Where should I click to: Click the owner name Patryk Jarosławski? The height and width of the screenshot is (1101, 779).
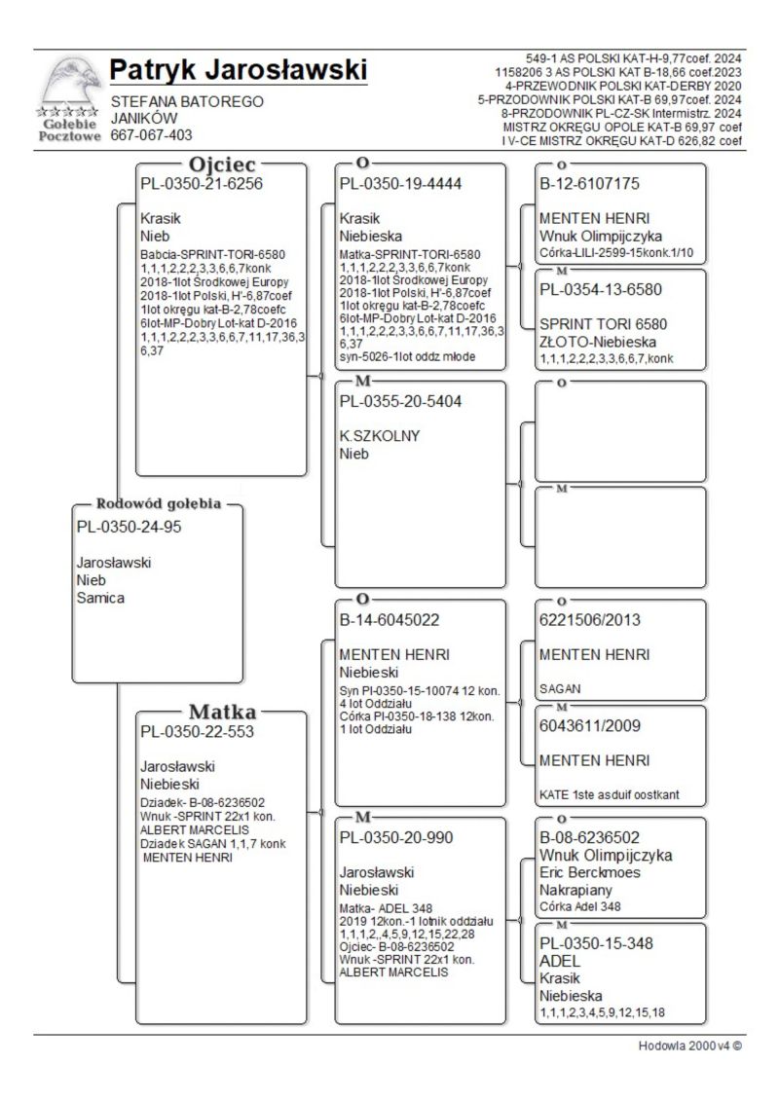(239, 71)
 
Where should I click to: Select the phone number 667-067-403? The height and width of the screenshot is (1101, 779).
(152, 135)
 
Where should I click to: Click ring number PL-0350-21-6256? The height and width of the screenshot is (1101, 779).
(202, 183)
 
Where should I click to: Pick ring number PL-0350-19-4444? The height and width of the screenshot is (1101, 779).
(400, 183)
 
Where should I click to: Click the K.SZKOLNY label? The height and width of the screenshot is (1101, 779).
(380, 436)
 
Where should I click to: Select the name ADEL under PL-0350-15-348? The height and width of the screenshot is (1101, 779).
(560, 961)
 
